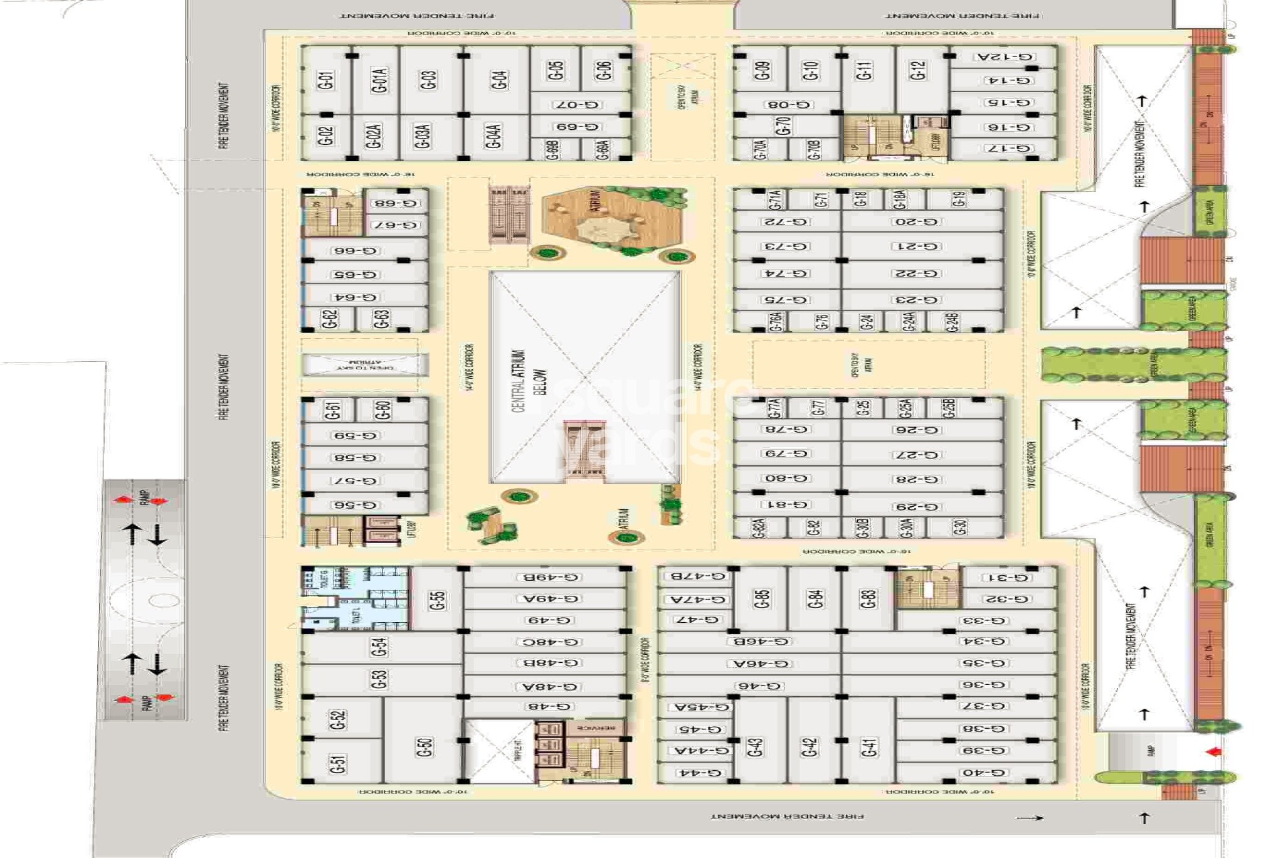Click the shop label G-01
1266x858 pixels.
point(325,80)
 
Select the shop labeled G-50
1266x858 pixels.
point(424,746)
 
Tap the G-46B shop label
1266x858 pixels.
point(761,642)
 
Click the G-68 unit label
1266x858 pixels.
point(395,203)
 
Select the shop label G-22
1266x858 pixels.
point(915,274)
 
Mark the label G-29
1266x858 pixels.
point(916,507)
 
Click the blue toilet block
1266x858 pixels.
point(355,598)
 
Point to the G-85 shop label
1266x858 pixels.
point(762,600)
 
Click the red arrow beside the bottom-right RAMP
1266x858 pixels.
point(1213,752)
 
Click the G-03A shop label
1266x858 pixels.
point(423,136)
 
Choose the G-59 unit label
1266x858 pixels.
point(355,435)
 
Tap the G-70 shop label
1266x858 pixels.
point(783,126)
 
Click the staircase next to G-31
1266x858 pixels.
point(927,590)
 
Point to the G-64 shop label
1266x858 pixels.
point(355,297)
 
